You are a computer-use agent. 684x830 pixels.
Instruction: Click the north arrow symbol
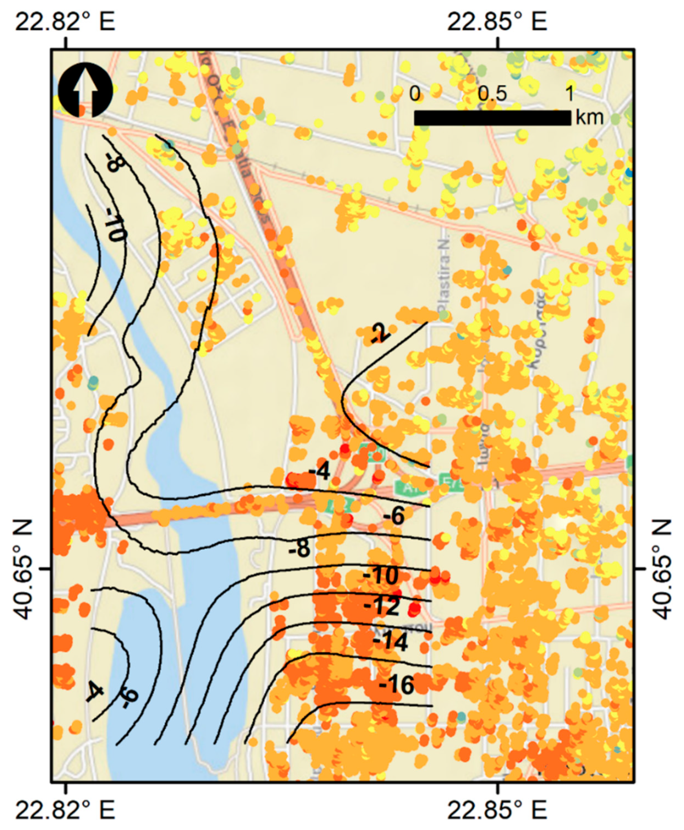(85, 90)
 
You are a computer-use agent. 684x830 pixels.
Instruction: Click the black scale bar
(492, 118)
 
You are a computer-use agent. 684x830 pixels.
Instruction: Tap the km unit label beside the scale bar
(589, 117)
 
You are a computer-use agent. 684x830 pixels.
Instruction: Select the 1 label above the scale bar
(569, 94)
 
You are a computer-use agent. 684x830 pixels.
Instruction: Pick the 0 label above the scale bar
(414, 94)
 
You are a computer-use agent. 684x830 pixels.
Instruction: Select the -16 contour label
(396, 685)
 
